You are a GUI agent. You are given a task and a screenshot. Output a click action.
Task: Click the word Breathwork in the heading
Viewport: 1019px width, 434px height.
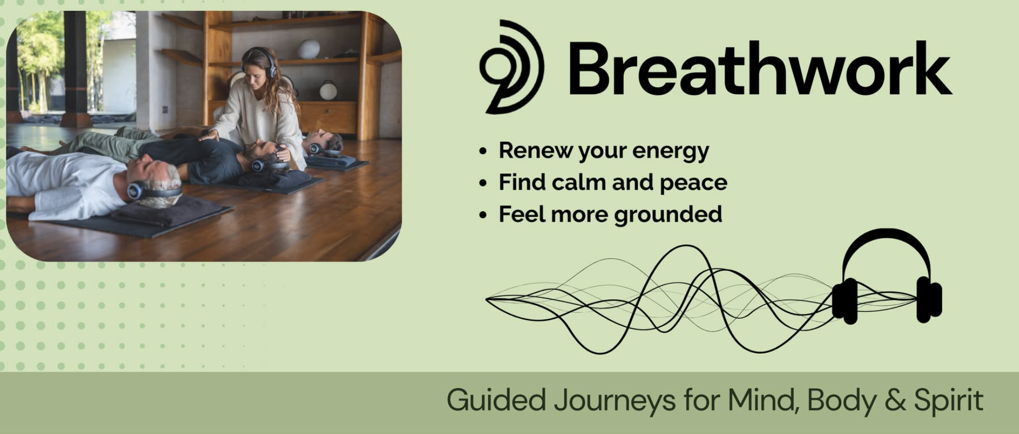759,68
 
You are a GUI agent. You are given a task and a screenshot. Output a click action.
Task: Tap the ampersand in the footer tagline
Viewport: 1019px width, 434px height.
894,400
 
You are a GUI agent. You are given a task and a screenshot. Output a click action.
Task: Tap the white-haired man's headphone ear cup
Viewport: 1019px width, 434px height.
135,190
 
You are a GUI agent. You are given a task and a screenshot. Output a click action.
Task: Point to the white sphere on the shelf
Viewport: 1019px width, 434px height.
309,49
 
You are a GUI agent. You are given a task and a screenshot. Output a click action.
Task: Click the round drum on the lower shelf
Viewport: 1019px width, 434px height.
328,90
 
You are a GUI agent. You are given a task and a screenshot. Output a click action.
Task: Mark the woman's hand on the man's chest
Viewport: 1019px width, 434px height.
210,136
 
